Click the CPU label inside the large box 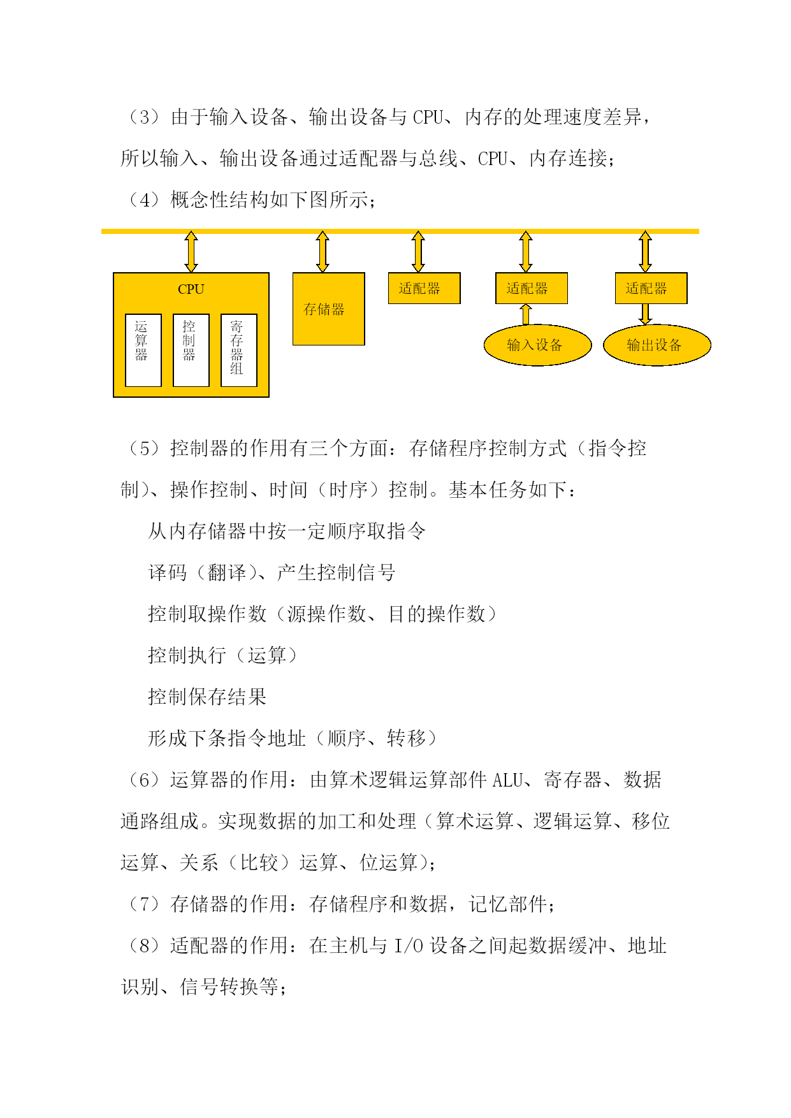point(191,289)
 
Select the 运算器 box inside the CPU point(143,350)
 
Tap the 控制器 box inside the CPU point(191,350)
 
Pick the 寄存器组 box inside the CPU point(239,350)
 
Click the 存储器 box point(329,309)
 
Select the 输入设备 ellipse point(538,345)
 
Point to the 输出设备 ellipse point(657,345)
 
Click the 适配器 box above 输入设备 point(532,288)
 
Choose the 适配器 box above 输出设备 point(651,288)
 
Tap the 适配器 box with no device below point(425,288)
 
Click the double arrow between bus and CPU point(191,252)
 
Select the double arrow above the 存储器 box point(323,252)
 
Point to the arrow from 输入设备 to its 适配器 point(526,314)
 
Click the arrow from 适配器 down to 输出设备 point(646,314)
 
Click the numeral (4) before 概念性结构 point(145,200)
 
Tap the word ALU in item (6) point(508,780)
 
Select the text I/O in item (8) point(409,946)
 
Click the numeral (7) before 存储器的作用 point(145,904)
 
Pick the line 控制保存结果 point(207,697)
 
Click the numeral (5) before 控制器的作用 point(145,449)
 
